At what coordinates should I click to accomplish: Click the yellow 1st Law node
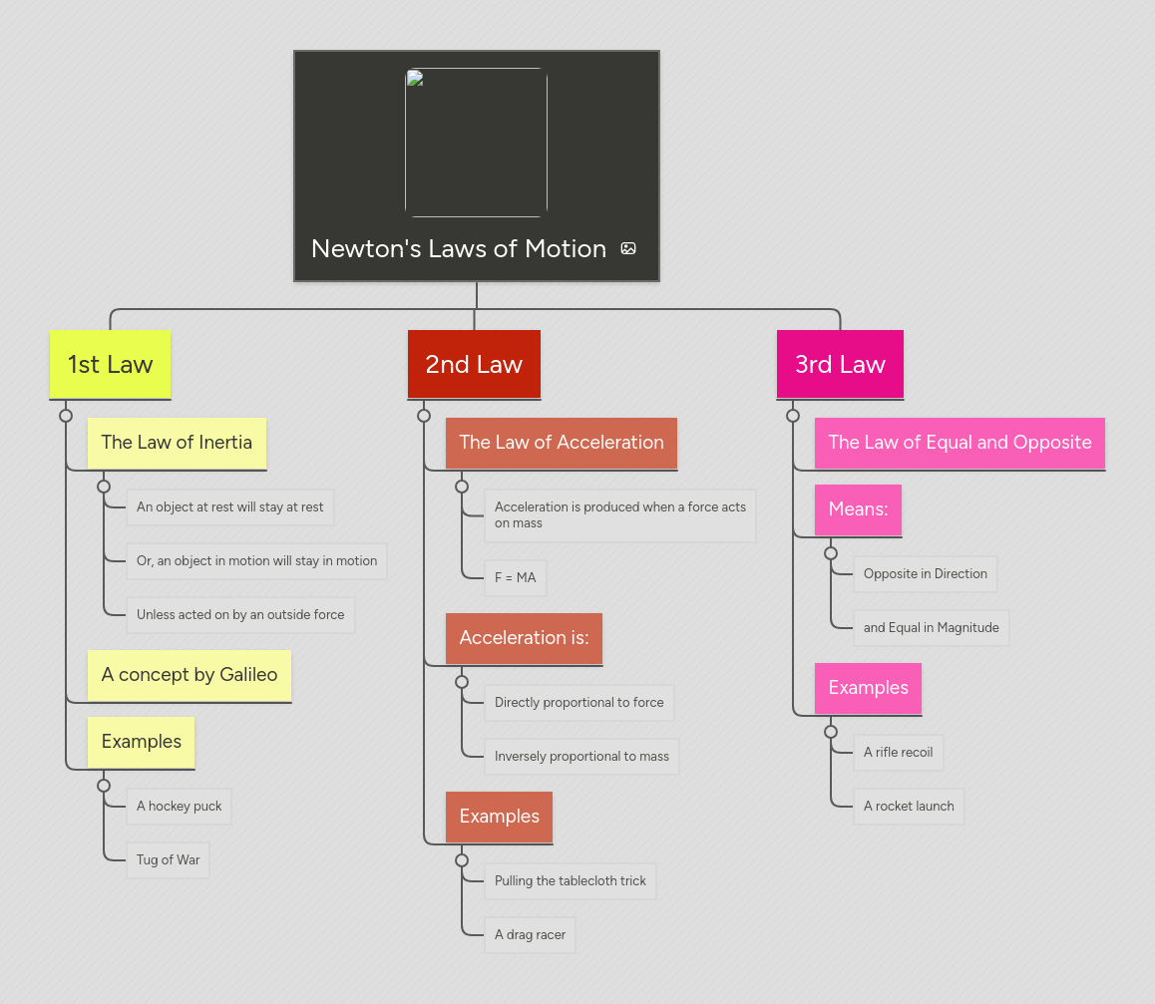point(110,365)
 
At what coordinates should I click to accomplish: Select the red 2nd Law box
point(474,365)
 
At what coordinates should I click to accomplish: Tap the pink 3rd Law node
point(840,365)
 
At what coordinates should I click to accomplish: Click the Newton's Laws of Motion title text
point(459,249)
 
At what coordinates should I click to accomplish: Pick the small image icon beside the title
point(628,249)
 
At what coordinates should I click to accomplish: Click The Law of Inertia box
point(177,443)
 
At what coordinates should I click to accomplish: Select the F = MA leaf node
point(515,578)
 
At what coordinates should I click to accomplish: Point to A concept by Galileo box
point(190,675)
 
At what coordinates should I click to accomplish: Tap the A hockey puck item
point(180,807)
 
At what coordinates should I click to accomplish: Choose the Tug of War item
point(168,860)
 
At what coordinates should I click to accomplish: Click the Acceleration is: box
point(524,638)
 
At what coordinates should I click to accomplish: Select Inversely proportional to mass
point(581,757)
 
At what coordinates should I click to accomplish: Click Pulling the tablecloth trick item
point(571,881)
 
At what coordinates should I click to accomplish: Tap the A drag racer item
point(530,935)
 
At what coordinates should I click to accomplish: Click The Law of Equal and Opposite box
point(960,443)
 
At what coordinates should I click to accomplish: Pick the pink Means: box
point(858,509)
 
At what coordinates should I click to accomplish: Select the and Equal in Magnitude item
point(931,628)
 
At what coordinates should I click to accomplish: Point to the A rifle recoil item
point(898,753)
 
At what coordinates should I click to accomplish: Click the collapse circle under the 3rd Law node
point(793,416)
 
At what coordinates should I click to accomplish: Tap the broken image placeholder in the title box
point(476,143)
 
